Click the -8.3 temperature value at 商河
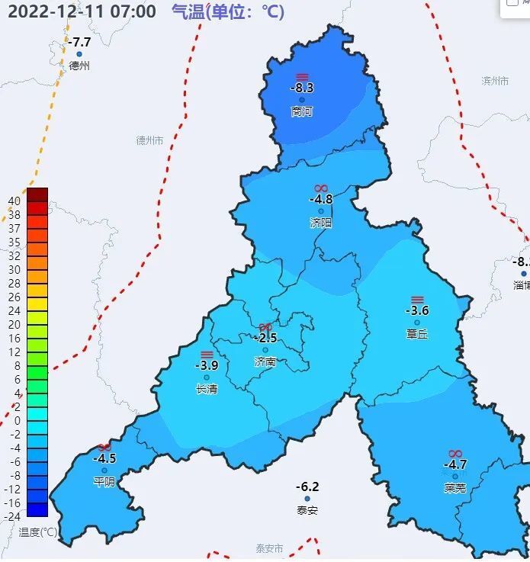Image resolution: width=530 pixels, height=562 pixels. pyautogui.click(x=302, y=88)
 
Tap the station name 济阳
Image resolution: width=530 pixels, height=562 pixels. pyautogui.click(x=321, y=223)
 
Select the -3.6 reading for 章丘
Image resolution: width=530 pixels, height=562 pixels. pyautogui.click(x=417, y=311)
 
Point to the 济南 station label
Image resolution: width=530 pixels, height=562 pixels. pyautogui.click(x=265, y=362)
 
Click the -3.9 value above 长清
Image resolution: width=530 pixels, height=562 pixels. pyautogui.click(x=207, y=366)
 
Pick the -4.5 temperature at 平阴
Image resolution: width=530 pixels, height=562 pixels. pyautogui.click(x=104, y=459)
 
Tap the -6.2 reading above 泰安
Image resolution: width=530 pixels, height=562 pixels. pyautogui.click(x=307, y=487)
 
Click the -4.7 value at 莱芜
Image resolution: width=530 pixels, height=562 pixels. pyautogui.click(x=455, y=464)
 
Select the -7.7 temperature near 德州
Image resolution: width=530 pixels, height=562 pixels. pyautogui.click(x=79, y=43)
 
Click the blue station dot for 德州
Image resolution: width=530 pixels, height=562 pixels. pyautogui.click(x=79, y=54)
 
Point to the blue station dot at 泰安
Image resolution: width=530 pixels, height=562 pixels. pyautogui.click(x=307, y=499)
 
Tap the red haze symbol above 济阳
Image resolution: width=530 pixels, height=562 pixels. pyautogui.click(x=321, y=188)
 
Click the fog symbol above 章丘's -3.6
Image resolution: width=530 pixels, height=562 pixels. pyautogui.click(x=417, y=300)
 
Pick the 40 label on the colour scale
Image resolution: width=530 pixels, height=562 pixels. pyautogui.click(x=14, y=201)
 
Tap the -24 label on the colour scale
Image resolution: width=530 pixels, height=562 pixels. pyautogui.click(x=12, y=516)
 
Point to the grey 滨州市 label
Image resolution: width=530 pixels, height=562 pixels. pyautogui.click(x=495, y=81)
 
